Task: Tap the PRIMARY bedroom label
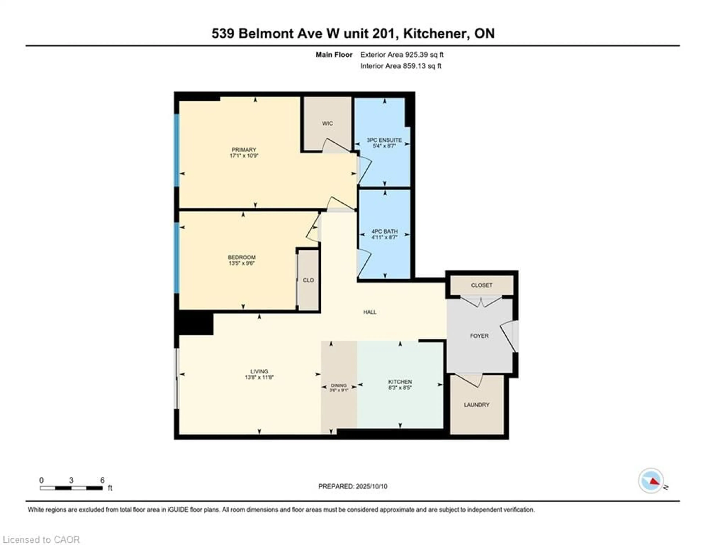(x=244, y=150)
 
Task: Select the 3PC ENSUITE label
(x=384, y=140)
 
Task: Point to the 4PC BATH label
(x=384, y=231)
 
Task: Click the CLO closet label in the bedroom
(x=308, y=280)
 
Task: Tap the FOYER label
(x=479, y=336)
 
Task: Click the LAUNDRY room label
(x=477, y=405)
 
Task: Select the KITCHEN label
(x=400, y=382)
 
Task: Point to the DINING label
(x=339, y=385)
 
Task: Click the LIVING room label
(x=259, y=371)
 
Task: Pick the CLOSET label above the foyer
(x=482, y=285)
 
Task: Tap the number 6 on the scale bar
(x=102, y=480)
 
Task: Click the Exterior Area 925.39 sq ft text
(x=402, y=55)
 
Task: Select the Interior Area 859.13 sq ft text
(x=401, y=66)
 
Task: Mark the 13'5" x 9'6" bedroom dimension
(x=242, y=263)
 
